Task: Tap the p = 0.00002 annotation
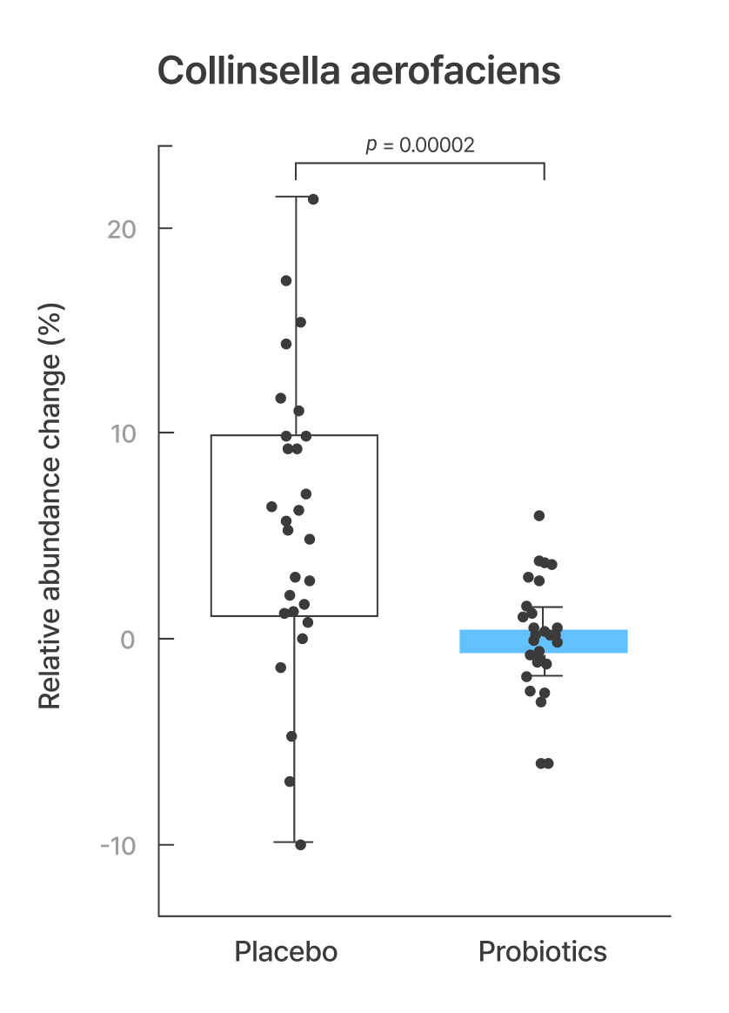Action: pos(420,145)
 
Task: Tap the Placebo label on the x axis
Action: pos(285,951)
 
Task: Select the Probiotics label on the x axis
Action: pos(542,951)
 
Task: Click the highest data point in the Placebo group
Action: pos(313,199)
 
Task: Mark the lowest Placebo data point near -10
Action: pos(300,844)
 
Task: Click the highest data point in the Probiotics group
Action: pos(539,516)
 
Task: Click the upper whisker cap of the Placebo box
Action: pos(296,197)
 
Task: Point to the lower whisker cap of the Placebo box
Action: pos(296,842)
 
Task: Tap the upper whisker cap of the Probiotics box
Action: pos(544,607)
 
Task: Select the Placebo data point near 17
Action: pos(286,280)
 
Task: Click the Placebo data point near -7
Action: pos(290,782)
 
